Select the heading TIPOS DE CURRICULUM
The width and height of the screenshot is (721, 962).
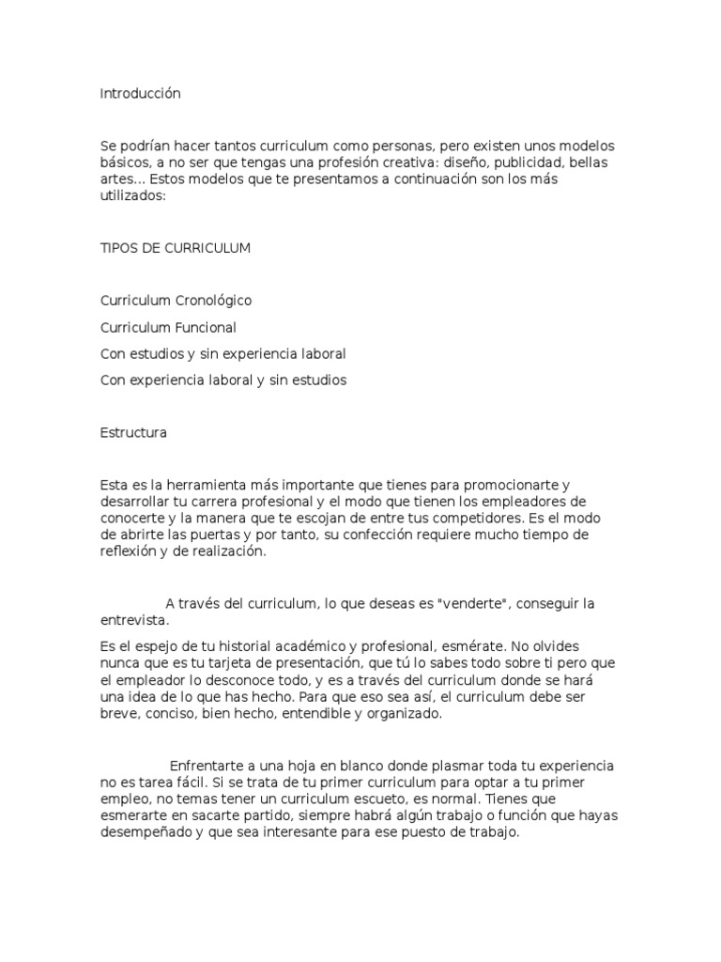[x=175, y=248]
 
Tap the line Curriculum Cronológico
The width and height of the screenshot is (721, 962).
[x=176, y=301]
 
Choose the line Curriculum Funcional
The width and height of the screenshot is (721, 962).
[x=167, y=328]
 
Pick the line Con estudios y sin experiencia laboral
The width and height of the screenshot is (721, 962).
[x=222, y=354]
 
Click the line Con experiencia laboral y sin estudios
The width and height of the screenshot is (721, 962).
[x=222, y=380]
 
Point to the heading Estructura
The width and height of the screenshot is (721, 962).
[x=133, y=433]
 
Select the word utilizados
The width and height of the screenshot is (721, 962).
[x=131, y=195]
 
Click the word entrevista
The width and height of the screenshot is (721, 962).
[x=135, y=621]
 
